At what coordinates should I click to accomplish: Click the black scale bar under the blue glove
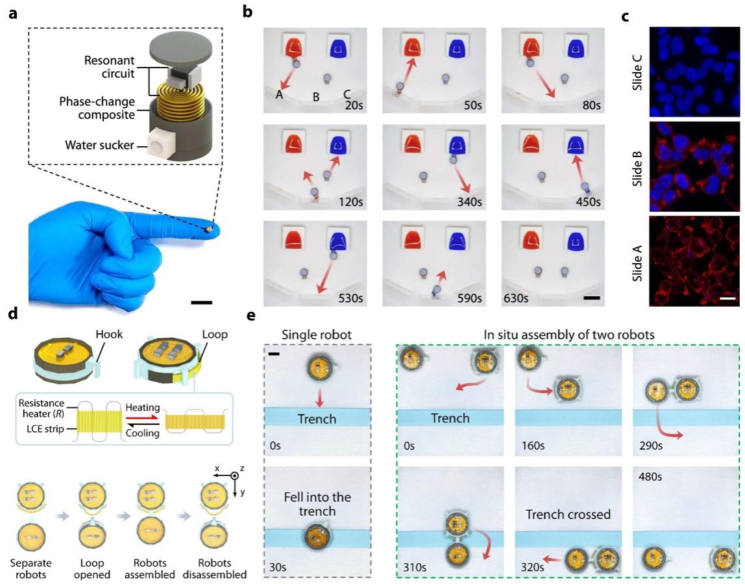[x=201, y=301]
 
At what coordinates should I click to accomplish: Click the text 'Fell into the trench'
[x=317, y=504]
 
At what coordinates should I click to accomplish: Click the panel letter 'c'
[x=625, y=16]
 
